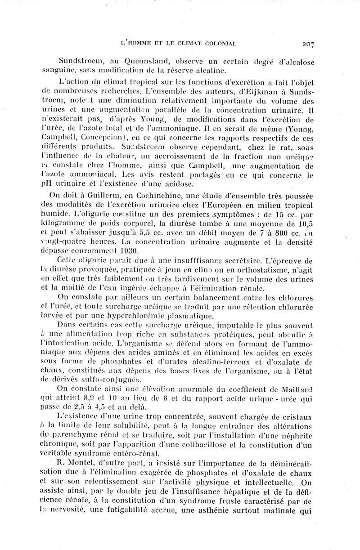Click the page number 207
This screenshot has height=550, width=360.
pyautogui.click(x=308, y=44)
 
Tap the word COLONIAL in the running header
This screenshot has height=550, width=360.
pyautogui.click(x=218, y=44)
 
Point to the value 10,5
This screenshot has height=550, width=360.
pyautogui.click(x=306, y=233)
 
